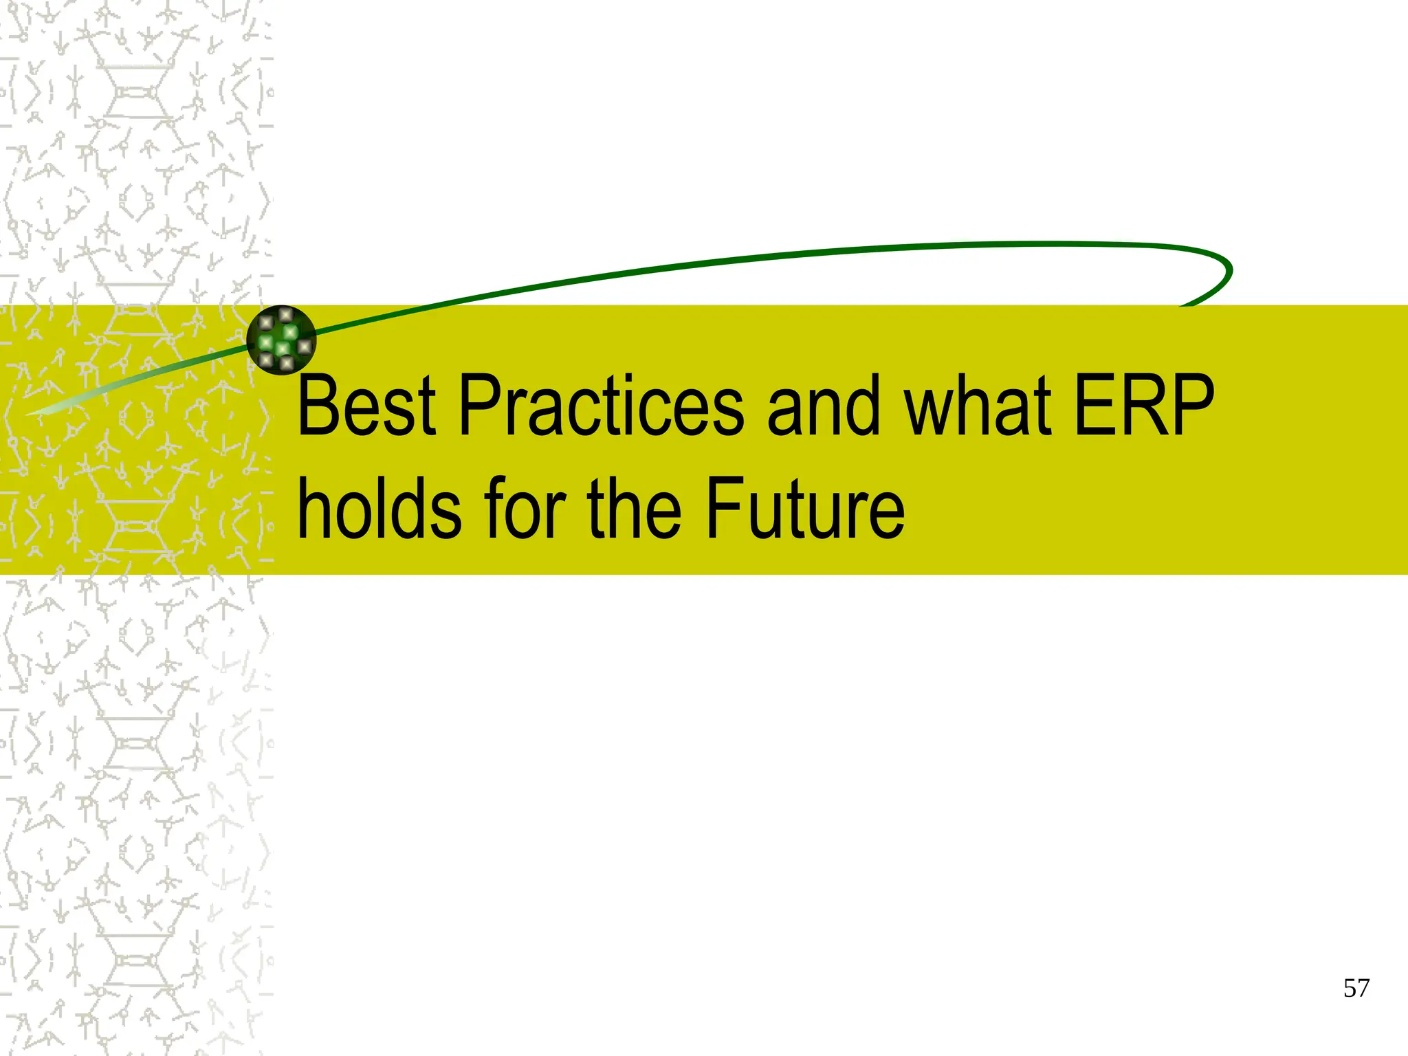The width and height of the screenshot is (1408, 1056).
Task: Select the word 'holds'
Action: pos(379,509)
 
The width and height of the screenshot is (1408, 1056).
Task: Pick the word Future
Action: pos(804,509)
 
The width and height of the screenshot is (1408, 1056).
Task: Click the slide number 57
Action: pos(1356,989)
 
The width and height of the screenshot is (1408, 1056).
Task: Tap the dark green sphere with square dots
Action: pos(281,340)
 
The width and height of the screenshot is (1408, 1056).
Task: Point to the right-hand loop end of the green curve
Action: pos(1224,272)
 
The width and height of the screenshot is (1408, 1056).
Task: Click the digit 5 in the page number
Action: pos(1349,989)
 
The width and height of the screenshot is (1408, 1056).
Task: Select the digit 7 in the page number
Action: pos(1363,989)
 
